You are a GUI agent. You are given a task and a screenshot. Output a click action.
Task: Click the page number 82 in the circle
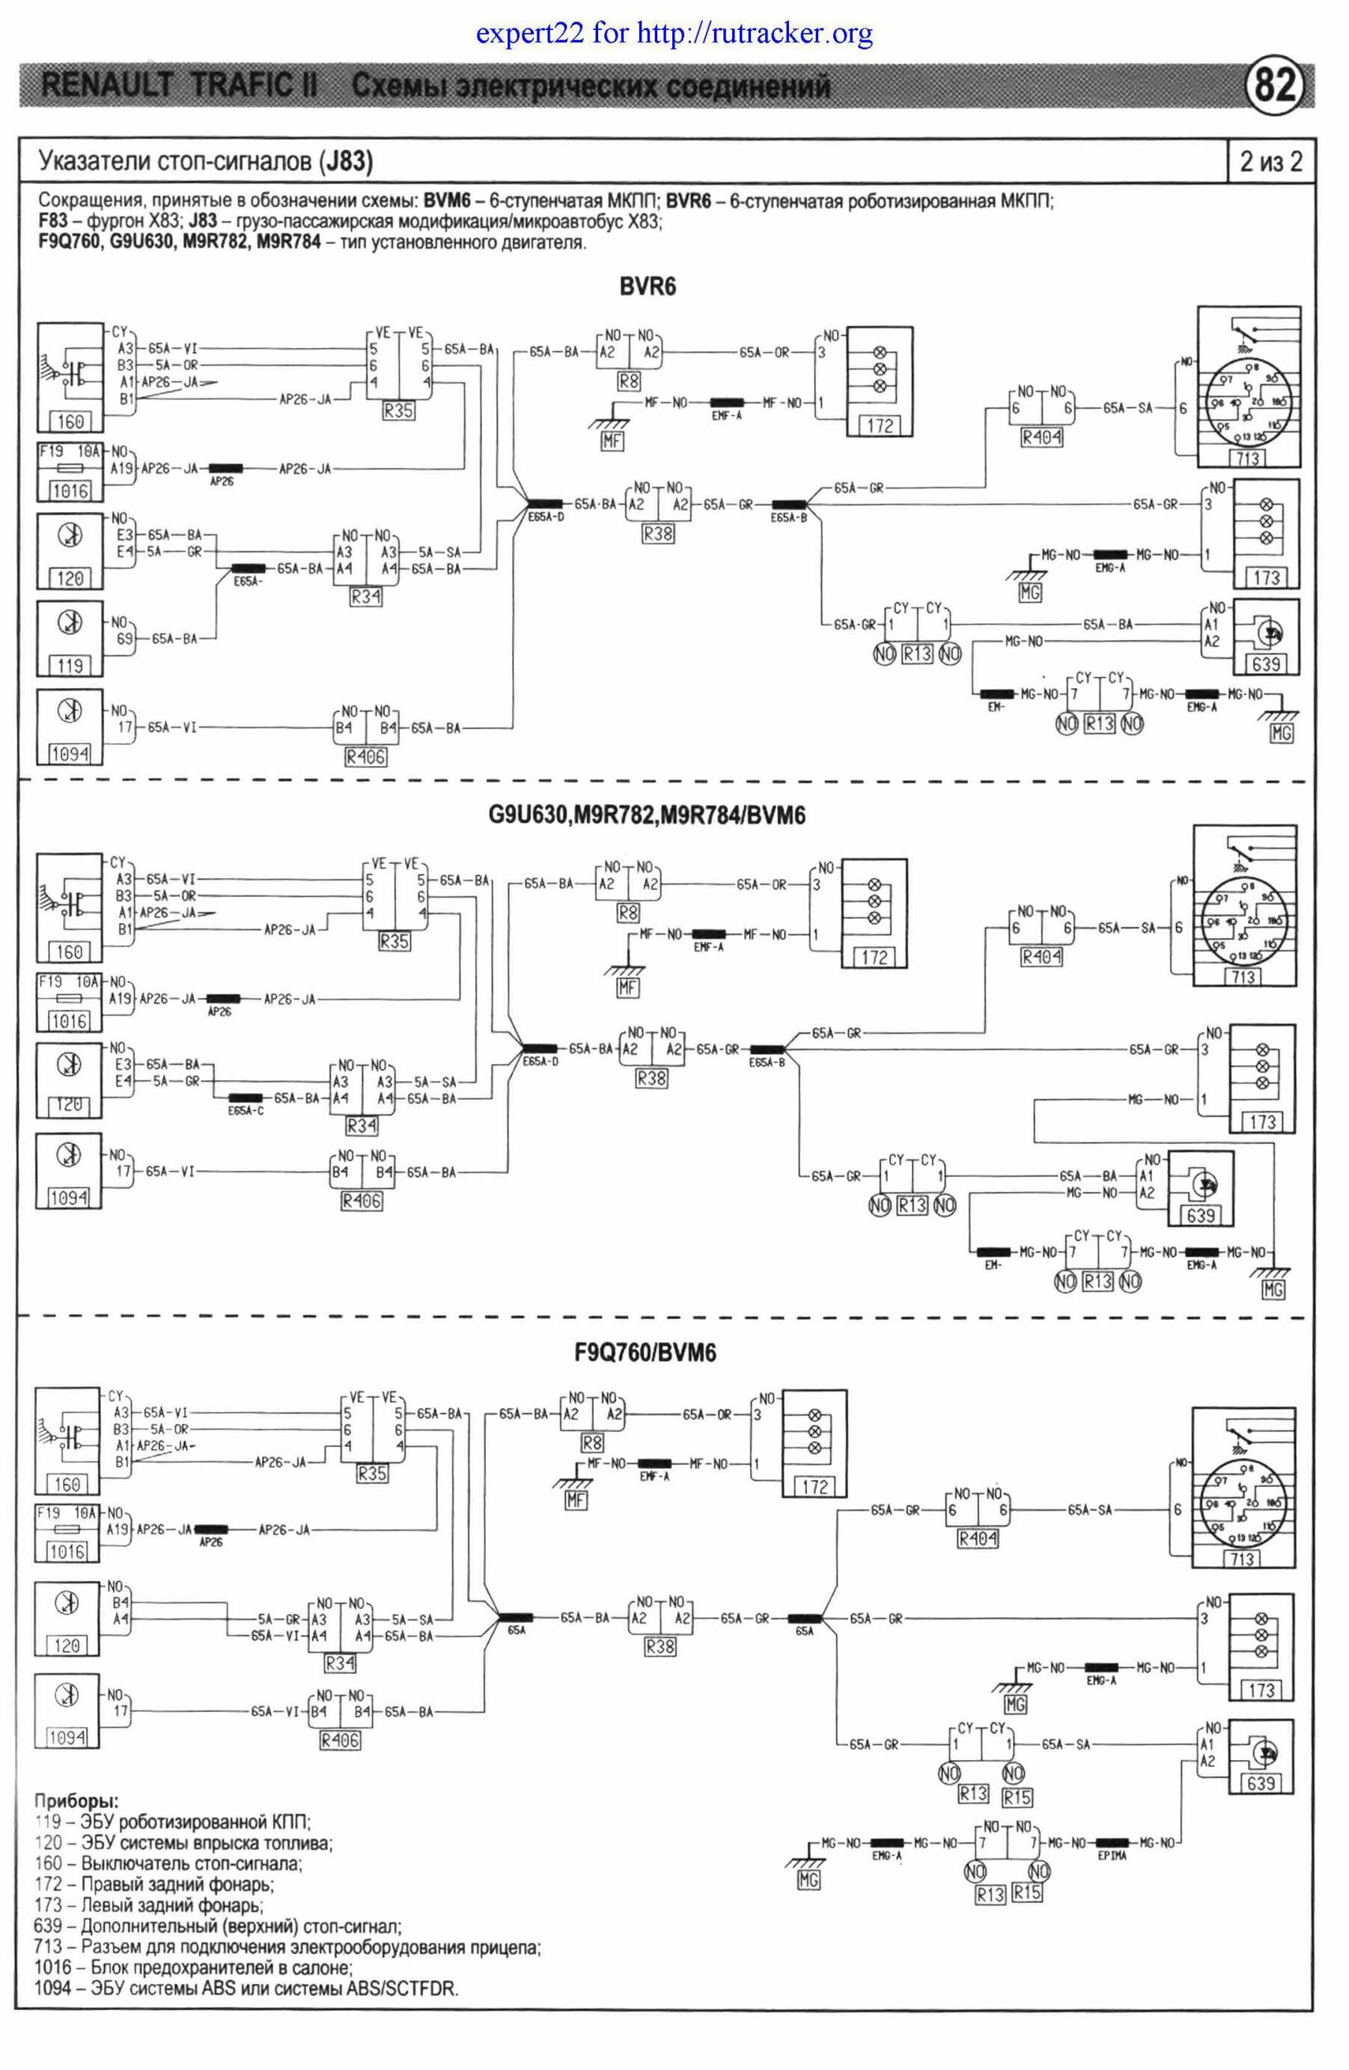click(x=1276, y=87)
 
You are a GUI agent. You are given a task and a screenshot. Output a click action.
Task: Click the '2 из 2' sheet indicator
click(x=1270, y=162)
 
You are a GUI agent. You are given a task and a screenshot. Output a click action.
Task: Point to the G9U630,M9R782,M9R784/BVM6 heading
click(x=645, y=816)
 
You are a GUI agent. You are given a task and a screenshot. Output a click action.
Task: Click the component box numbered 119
click(x=70, y=666)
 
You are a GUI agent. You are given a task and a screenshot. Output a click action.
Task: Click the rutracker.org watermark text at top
click(x=674, y=34)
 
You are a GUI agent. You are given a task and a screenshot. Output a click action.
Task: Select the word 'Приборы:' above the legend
click(x=76, y=1800)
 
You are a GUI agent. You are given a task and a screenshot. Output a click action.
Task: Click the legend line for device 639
click(x=217, y=1927)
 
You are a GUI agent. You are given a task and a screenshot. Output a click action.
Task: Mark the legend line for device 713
click(x=287, y=1947)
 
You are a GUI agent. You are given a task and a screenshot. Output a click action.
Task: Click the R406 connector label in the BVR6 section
click(x=365, y=757)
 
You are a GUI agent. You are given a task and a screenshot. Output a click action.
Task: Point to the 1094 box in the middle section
click(x=69, y=1198)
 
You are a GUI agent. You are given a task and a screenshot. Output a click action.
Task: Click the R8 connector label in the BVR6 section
click(x=629, y=380)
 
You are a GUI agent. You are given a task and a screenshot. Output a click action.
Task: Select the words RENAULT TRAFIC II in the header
click(x=178, y=88)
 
